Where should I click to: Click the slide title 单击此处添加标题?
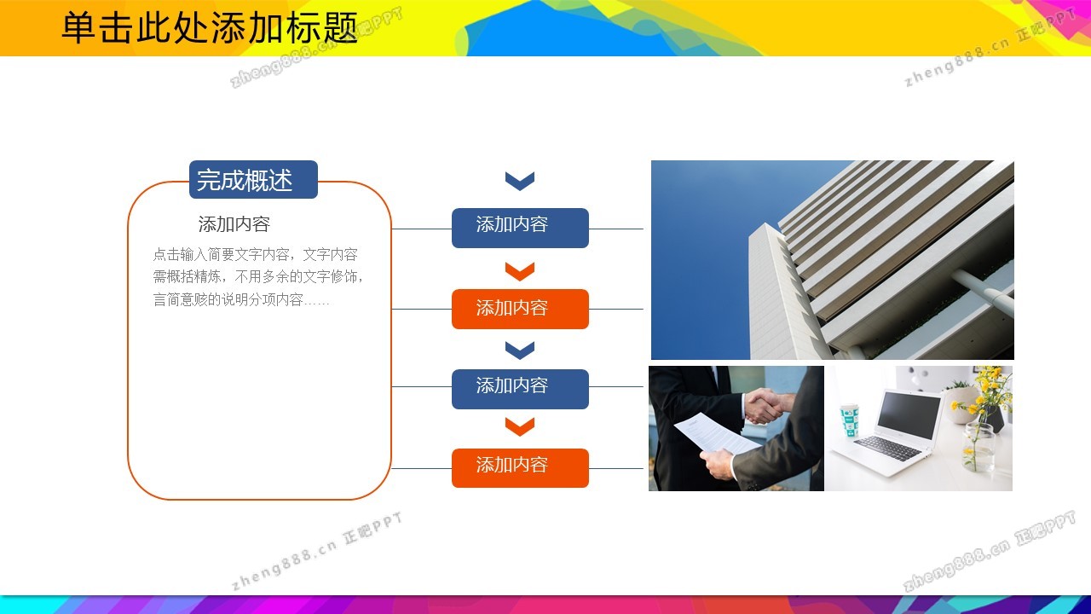[x=210, y=27]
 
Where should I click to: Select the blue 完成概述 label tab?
[x=253, y=179]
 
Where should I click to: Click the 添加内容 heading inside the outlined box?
[x=234, y=224]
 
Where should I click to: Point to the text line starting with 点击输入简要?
[x=255, y=254]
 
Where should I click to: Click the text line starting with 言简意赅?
[x=241, y=299]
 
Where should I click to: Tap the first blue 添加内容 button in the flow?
[x=520, y=228]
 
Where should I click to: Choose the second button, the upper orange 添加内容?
[x=520, y=309]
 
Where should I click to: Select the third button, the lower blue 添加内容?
[x=520, y=389]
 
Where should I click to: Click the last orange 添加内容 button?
[x=520, y=468]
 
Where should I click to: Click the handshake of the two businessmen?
[x=765, y=404]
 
